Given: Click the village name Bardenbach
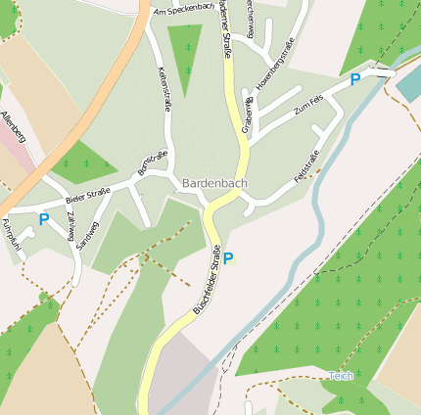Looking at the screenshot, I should (214, 183).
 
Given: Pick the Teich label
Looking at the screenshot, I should (341, 376).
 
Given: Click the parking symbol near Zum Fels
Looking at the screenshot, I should (354, 78).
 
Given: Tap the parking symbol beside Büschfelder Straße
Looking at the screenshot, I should (228, 258).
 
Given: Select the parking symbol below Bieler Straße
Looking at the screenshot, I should (43, 219).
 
